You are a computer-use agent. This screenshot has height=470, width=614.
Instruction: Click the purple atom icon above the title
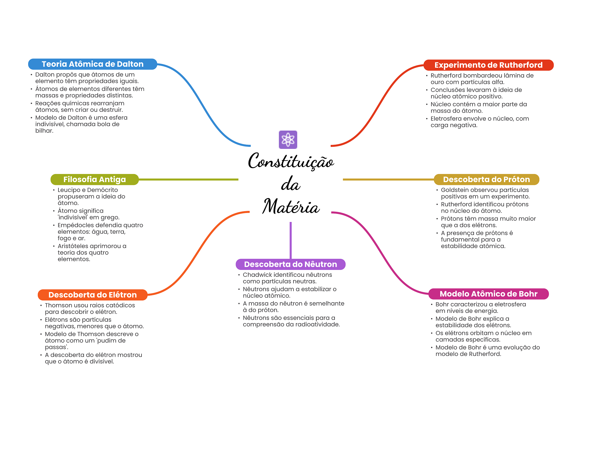(x=288, y=140)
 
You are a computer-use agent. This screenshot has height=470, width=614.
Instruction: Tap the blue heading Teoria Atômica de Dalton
(x=93, y=64)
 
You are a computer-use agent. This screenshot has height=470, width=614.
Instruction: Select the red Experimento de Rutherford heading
(x=488, y=65)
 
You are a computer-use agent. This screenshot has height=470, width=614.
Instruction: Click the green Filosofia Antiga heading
(x=94, y=179)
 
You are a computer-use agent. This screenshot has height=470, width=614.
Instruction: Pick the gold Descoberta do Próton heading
(x=486, y=179)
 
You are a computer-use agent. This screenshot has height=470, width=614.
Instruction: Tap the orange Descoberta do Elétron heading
(x=93, y=295)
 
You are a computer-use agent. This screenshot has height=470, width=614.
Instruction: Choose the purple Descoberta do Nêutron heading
(x=291, y=264)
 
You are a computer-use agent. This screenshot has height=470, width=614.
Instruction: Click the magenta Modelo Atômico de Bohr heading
(x=488, y=294)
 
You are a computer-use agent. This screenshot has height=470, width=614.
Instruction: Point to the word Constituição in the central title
(x=291, y=161)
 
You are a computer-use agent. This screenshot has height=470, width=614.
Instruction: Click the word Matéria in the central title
(x=291, y=206)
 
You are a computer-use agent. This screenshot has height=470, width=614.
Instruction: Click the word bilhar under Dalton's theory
(x=44, y=131)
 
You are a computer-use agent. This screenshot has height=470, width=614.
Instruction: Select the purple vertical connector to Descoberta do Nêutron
(x=291, y=240)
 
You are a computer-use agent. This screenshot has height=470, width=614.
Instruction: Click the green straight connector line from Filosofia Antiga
(x=188, y=179)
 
